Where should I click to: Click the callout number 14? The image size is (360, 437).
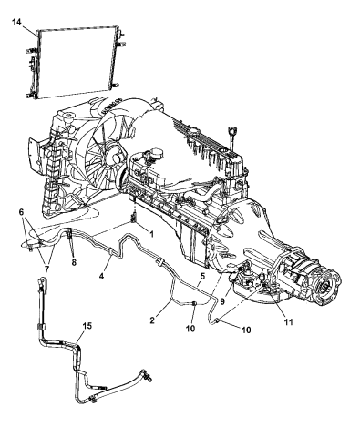(17, 23)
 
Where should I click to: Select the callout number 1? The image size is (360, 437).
(151, 234)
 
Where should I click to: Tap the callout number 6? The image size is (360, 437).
(21, 212)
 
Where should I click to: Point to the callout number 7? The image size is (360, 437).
(46, 269)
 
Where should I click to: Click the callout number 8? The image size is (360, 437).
(74, 262)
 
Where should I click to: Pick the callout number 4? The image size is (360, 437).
(102, 276)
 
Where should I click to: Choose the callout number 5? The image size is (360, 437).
(202, 276)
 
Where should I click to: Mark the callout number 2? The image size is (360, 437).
(152, 320)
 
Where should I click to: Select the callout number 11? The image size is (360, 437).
(288, 321)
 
